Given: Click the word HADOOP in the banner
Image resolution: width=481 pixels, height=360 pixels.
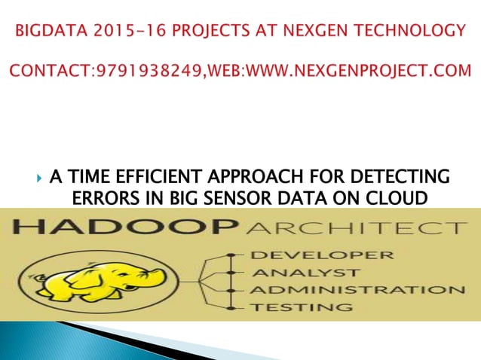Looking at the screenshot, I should pos(112,227).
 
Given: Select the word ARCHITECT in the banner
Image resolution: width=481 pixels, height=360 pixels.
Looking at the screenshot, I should pos(344,227).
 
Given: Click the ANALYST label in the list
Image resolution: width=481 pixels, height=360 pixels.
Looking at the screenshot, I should pos(295,272).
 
